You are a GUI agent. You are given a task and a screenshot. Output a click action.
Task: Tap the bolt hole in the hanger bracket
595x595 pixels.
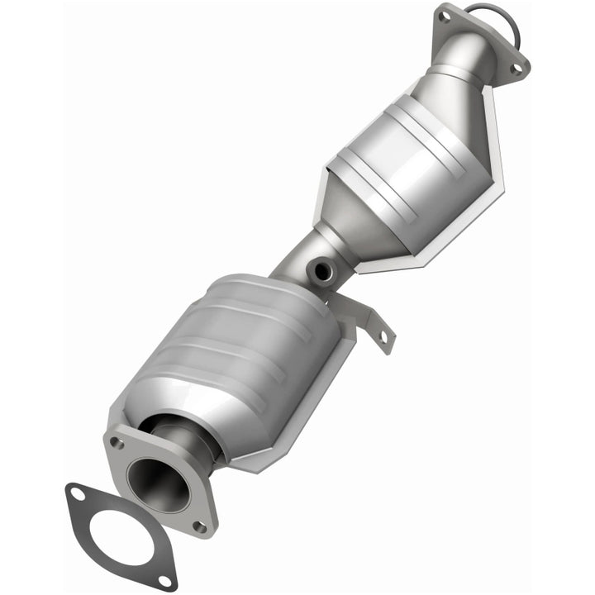click(383, 336)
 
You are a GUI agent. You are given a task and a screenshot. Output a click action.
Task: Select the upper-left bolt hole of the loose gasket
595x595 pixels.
click(77, 494)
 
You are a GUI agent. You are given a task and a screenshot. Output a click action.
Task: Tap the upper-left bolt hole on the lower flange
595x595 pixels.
click(117, 443)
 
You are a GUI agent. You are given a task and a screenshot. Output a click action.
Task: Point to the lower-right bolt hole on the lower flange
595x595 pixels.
click(198, 524)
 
